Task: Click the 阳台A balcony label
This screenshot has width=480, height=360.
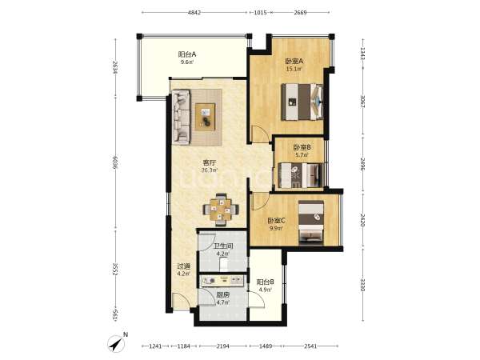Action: pos(187,54)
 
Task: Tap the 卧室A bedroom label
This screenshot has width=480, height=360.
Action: pos(294,62)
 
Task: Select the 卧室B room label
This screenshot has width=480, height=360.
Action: pos(302,147)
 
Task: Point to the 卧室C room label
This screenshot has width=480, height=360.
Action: pos(277,221)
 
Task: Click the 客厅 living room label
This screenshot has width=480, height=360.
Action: pos(210,162)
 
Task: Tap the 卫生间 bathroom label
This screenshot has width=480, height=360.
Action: pos(223,246)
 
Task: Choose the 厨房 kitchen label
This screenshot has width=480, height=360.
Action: pos(223,295)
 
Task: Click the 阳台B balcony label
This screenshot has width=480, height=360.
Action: pos(265,282)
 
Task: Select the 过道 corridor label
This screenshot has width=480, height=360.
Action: pos(184,266)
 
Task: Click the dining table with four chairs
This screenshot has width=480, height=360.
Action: pos(221,210)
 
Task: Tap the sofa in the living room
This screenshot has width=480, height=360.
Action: pos(181,117)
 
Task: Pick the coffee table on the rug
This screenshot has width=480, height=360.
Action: pos(205,117)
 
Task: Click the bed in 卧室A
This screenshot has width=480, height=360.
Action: pos(302,102)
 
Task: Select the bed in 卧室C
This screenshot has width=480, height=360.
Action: pos(311,222)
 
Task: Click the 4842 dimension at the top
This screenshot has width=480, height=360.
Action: pos(194,13)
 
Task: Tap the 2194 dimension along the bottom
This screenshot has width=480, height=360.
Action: pos(223,346)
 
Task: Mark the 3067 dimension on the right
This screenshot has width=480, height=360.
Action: pos(362,102)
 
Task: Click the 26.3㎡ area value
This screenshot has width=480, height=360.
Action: pos(210,170)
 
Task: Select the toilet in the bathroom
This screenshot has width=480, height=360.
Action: pos(224,265)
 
